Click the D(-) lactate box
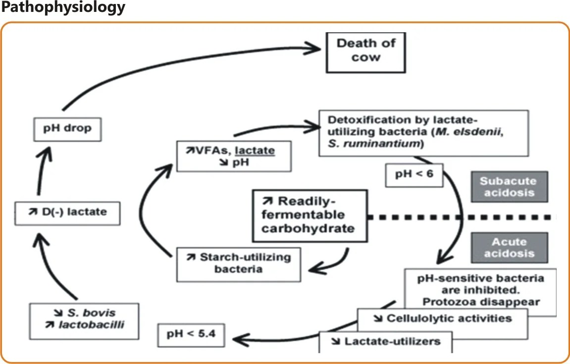click(x=67, y=212)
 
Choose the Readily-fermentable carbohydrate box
click(x=310, y=215)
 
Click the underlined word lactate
click(x=257, y=150)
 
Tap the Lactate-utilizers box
click(x=386, y=341)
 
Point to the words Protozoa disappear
click(x=481, y=301)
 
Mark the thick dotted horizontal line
click(x=461, y=217)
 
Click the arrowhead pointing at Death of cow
click(x=314, y=48)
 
